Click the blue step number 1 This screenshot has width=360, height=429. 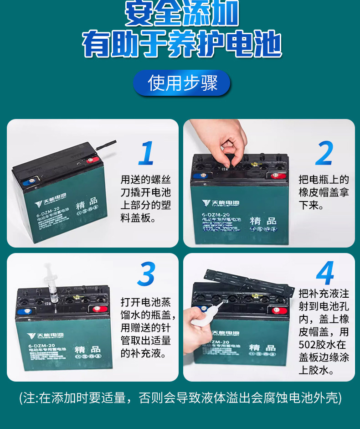pyautogui.click(x=146, y=153)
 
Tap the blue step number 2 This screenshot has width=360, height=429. pyautogui.click(x=324, y=153)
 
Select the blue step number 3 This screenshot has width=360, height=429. pyautogui.click(x=146, y=274)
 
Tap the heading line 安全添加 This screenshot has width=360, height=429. pyautogui.click(x=182, y=14)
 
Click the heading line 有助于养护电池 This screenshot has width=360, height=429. pyautogui.click(x=182, y=45)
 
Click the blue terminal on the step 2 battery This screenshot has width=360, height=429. pyautogui.click(x=200, y=175)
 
